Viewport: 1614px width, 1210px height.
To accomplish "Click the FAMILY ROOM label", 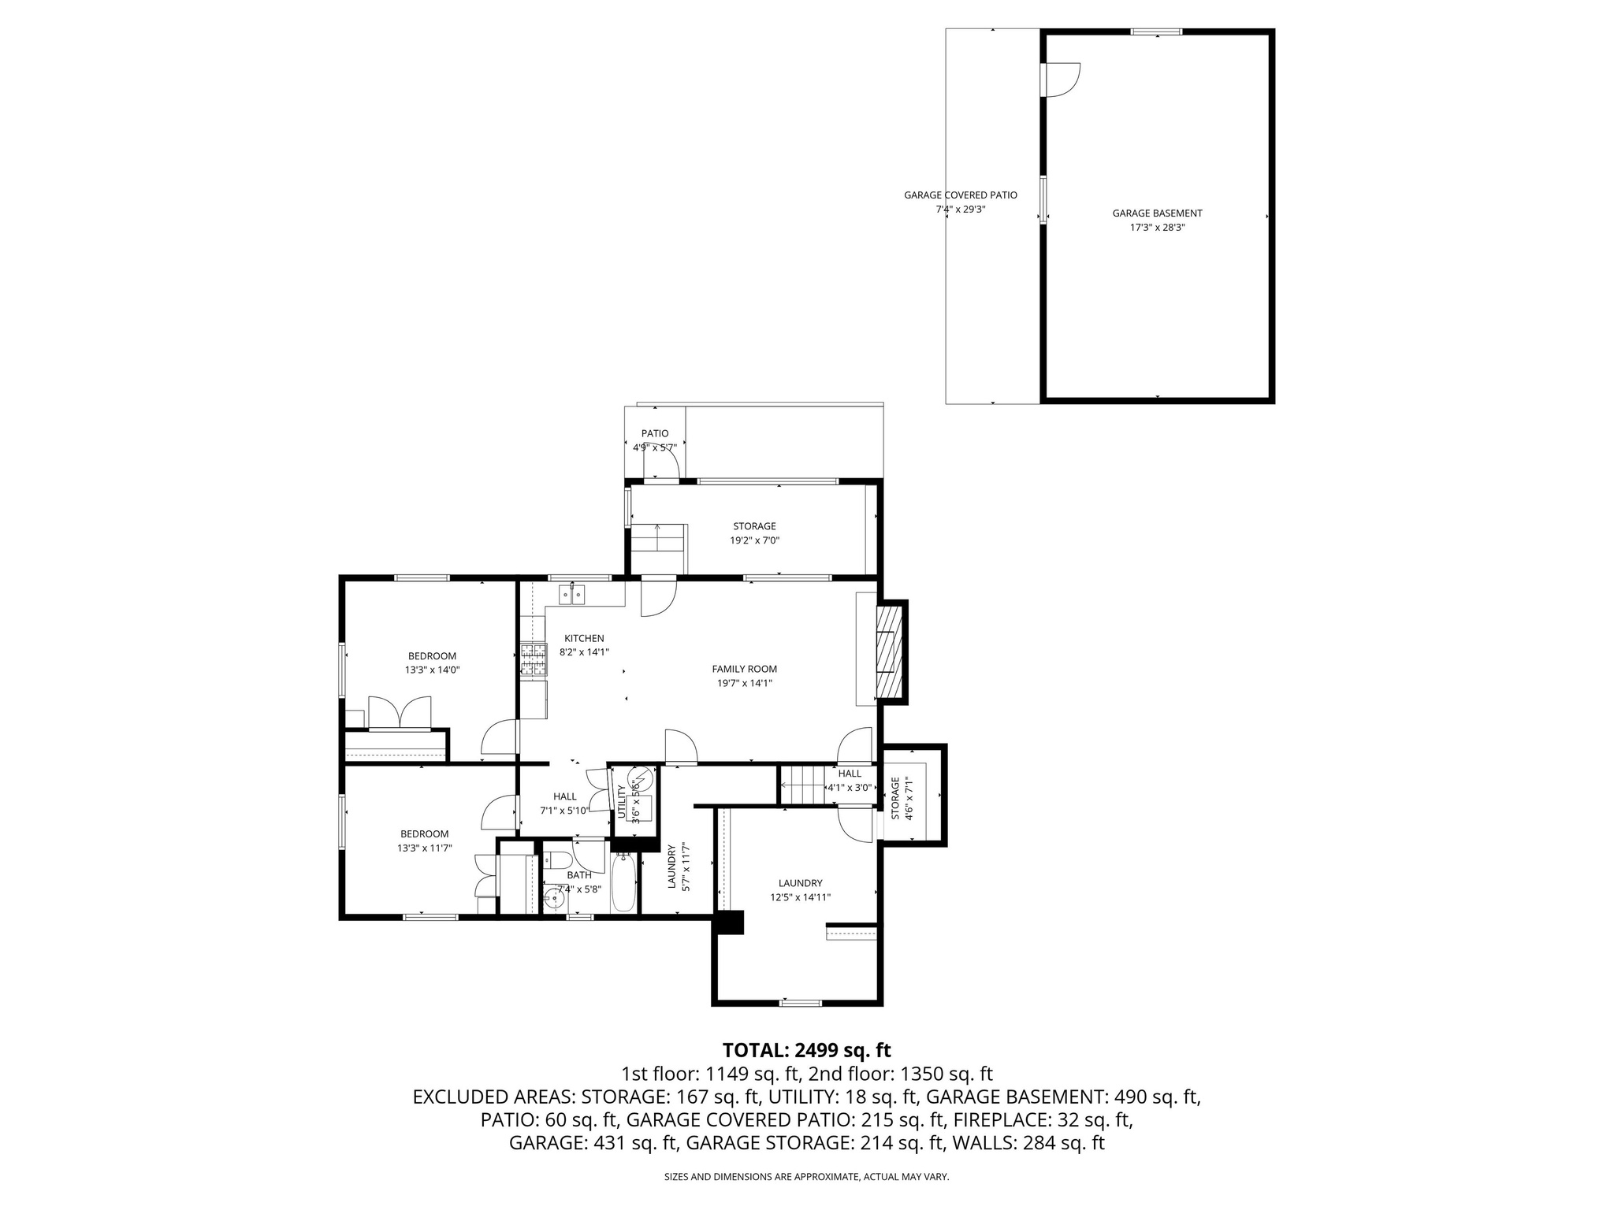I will tap(744, 669).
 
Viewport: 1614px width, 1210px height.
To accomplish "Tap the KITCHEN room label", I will tap(584, 638).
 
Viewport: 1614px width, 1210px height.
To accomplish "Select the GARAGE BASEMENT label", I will tap(1157, 213).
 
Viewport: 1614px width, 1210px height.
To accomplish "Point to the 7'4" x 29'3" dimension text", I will tap(960, 210).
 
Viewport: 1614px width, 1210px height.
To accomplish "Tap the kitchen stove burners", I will tap(534, 660).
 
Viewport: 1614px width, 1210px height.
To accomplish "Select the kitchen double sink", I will tap(571, 593).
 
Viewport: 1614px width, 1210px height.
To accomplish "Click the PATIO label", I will tap(654, 433).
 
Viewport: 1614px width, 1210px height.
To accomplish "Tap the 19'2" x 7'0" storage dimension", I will tap(754, 540).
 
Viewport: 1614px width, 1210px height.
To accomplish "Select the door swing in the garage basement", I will tap(1062, 80).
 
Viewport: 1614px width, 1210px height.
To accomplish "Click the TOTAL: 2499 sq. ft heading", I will tap(806, 1050).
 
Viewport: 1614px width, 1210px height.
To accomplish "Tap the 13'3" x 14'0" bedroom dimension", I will tap(432, 670).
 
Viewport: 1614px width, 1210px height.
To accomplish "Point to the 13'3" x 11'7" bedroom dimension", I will tap(424, 848).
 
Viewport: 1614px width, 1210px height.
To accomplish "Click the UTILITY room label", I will tap(622, 800).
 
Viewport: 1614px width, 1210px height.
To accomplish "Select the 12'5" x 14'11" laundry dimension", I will tap(800, 897).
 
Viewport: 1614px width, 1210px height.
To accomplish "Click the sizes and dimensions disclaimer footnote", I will tap(806, 1177).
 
